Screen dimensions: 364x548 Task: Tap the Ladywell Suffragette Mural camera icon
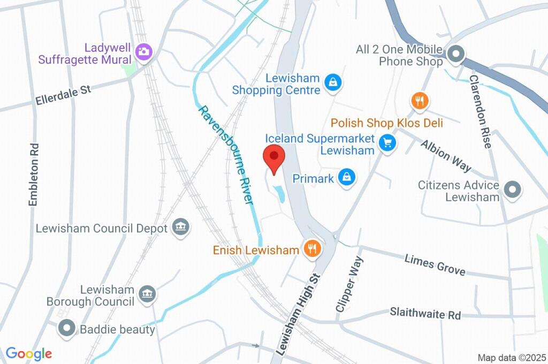pyautogui.click(x=143, y=52)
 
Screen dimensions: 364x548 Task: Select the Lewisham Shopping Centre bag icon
pyautogui.click(x=333, y=82)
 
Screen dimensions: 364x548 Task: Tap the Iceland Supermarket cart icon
pyautogui.click(x=387, y=143)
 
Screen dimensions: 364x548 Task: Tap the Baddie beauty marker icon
pyautogui.click(x=67, y=328)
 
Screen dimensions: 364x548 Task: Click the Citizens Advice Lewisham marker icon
pyautogui.click(x=512, y=190)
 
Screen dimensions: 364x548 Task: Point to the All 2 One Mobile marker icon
pyautogui.click(x=455, y=54)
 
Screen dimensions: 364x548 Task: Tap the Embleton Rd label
pyautogui.click(x=34, y=175)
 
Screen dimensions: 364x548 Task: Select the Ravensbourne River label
pyautogui.click(x=226, y=154)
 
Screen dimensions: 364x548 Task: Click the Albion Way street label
pyautogui.click(x=446, y=155)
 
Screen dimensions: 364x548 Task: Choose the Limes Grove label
pyautogui.click(x=435, y=265)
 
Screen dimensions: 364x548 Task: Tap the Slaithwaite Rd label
pyautogui.click(x=425, y=313)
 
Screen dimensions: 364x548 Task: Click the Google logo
pyautogui.click(x=29, y=353)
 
